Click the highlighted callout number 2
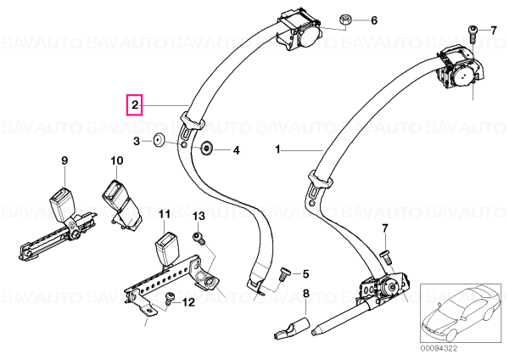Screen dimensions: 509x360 click(x=135, y=105)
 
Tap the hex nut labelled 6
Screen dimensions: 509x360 click(x=344, y=20)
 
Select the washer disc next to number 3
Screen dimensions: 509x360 click(x=159, y=141)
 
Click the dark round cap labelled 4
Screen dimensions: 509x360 click(x=206, y=149)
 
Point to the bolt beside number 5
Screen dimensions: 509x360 click(x=283, y=275)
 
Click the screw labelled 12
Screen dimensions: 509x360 click(x=169, y=298)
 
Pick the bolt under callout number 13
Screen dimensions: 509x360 click(x=199, y=238)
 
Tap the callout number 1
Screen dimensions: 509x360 click(x=277, y=149)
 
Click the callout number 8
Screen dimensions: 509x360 click(x=305, y=294)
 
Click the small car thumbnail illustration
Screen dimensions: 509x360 click(x=462, y=313)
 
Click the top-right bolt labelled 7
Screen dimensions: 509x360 click(x=473, y=33)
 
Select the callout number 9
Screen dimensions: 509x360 click(x=64, y=160)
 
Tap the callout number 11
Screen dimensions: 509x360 click(x=165, y=214)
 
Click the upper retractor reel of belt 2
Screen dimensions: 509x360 click(x=299, y=31)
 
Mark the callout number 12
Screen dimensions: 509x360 click(x=188, y=302)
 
